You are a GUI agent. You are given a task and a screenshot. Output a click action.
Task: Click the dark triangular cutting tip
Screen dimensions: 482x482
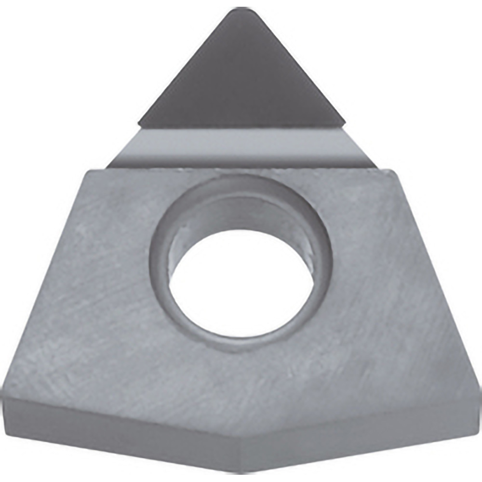tap(241, 82)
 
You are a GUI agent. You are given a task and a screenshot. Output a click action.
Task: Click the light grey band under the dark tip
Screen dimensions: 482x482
tap(241, 147)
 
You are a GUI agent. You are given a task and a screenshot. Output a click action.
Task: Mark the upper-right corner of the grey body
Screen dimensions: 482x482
tap(394, 170)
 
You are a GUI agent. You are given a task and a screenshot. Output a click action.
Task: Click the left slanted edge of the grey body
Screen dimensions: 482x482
tap(46, 280)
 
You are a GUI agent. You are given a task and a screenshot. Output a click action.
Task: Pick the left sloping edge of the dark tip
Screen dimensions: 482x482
tap(188, 67)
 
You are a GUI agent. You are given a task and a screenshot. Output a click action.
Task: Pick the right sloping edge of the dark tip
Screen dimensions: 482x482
tap(294, 67)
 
